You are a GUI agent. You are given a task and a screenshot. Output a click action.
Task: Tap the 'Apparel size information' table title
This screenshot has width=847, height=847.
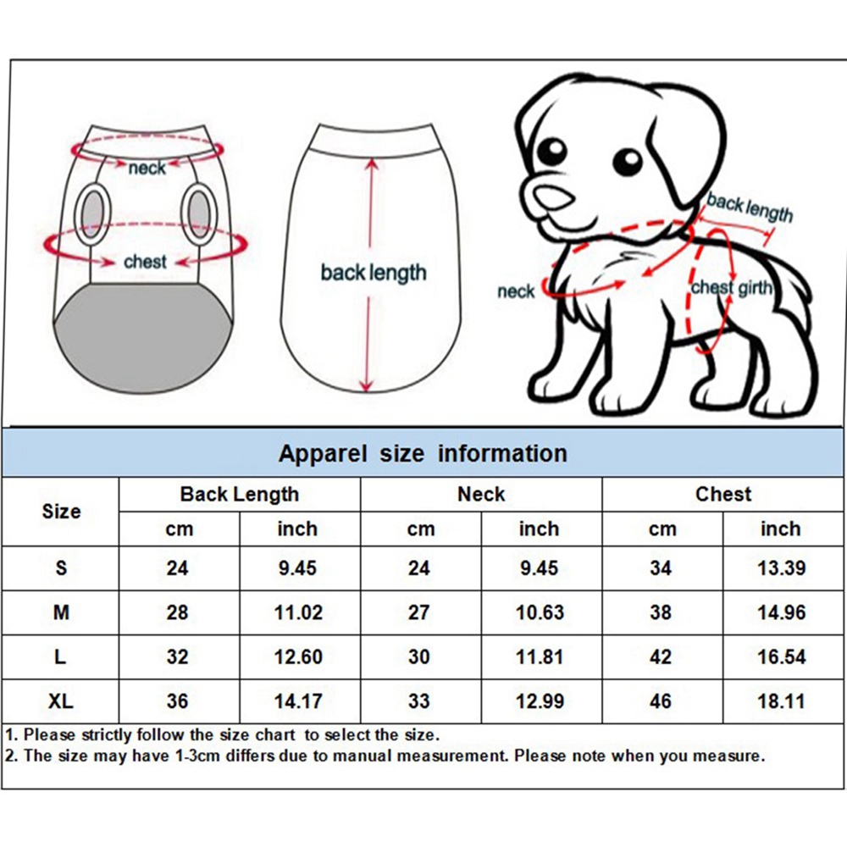click(x=423, y=453)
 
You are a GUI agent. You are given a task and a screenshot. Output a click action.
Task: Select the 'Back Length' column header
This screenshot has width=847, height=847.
click(x=240, y=494)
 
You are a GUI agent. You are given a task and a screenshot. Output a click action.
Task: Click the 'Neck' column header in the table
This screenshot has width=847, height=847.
click(x=481, y=494)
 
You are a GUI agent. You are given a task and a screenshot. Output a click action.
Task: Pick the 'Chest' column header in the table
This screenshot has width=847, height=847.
click(x=723, y=494)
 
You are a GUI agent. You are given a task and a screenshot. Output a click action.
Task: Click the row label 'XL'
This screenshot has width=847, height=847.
click(x=61, y=701)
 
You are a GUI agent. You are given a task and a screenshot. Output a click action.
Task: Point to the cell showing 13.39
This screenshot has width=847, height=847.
click(x=781, y=567)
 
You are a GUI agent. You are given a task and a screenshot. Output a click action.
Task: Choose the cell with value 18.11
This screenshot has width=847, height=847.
click(x=781, y=701)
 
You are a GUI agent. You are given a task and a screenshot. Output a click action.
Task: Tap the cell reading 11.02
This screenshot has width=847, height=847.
click(x=299, y=612)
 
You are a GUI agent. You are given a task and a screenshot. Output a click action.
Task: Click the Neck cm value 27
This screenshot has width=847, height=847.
click(x=419, y=612)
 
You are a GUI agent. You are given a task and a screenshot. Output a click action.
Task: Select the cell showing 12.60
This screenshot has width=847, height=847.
click(x=299, y=657)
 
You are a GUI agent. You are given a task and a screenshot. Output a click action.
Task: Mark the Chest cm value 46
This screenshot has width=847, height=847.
click(x=661, y=701)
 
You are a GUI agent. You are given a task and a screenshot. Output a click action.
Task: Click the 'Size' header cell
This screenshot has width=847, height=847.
click(x=61, y=512)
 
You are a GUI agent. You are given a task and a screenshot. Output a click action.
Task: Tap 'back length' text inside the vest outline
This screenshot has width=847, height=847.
click(x=373, y=273)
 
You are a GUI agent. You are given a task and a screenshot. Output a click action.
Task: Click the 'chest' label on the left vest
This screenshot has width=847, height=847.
click(x=145, y=262)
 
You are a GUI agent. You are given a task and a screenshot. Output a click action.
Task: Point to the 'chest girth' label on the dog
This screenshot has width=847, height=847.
click(x=732, y=288)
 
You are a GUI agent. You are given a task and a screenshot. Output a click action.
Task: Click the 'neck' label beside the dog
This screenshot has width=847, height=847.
click(x=516, y=292)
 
